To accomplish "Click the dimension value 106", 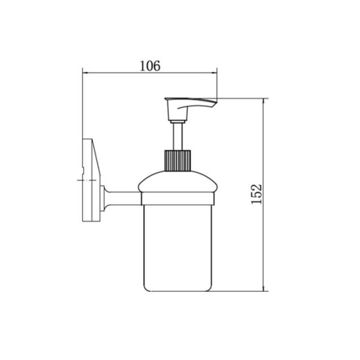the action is pyautogui.click(x=150, y=65).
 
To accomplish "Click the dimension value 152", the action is pyautogui.click(x=256, y=194).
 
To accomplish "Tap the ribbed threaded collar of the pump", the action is pyautogui.click(x=178, y=160).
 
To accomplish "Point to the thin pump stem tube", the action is pyautogui.click(x=178, y=137).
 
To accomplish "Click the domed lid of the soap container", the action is pyautogui.click(x=178, y=181).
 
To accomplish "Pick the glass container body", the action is pyautogui.click(x=178, y=248).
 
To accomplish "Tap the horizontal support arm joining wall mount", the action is pyautogui.click(x=124, y=198).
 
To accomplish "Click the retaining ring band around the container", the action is pyautogui.click(x=178, y=199).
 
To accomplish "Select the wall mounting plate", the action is pyautogui.click(x=91, y=180).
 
